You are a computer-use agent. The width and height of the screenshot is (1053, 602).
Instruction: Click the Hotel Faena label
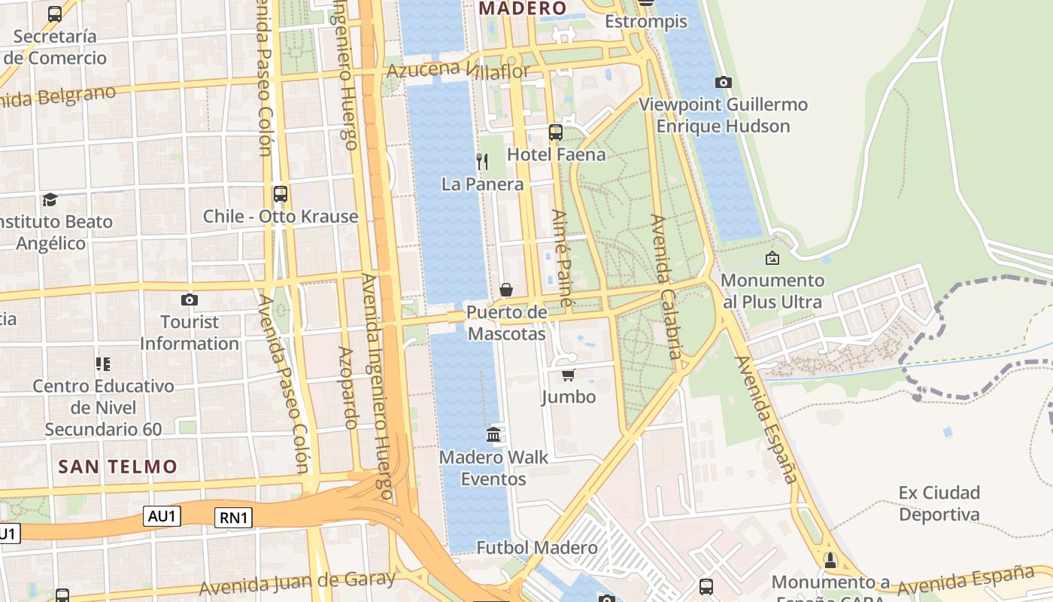(556, 154)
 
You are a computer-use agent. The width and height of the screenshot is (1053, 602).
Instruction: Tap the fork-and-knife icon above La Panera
(482, 161)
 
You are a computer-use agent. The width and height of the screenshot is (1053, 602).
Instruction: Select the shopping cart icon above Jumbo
(568, 375)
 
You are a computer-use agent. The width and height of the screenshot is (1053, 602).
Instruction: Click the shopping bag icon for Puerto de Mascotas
(506, 290)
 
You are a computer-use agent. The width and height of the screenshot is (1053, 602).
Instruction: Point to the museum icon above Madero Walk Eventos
(493, 434)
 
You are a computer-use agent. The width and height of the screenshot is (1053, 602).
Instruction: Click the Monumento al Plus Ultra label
(772, 291)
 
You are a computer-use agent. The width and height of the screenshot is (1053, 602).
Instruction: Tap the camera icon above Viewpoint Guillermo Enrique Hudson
(723, 82)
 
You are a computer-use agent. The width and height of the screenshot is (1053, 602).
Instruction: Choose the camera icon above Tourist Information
(190, 299)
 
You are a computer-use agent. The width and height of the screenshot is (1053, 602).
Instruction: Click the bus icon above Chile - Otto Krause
(281, 193)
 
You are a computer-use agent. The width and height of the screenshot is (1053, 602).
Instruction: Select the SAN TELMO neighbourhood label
(118, 467)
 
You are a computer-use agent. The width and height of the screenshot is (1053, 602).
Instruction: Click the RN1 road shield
(233, 517)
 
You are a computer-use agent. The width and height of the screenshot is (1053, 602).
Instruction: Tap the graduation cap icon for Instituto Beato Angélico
(50, 199)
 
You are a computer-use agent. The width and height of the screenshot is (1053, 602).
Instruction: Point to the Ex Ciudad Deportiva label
(939, 503)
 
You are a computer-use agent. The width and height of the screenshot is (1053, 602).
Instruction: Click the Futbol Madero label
(537, 547)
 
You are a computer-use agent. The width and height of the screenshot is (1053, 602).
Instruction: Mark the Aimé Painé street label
(563, 257)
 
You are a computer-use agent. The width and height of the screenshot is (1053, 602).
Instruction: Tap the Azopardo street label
(348, 387)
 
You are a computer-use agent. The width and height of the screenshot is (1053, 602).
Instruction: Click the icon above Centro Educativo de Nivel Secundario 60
(103, 364)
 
